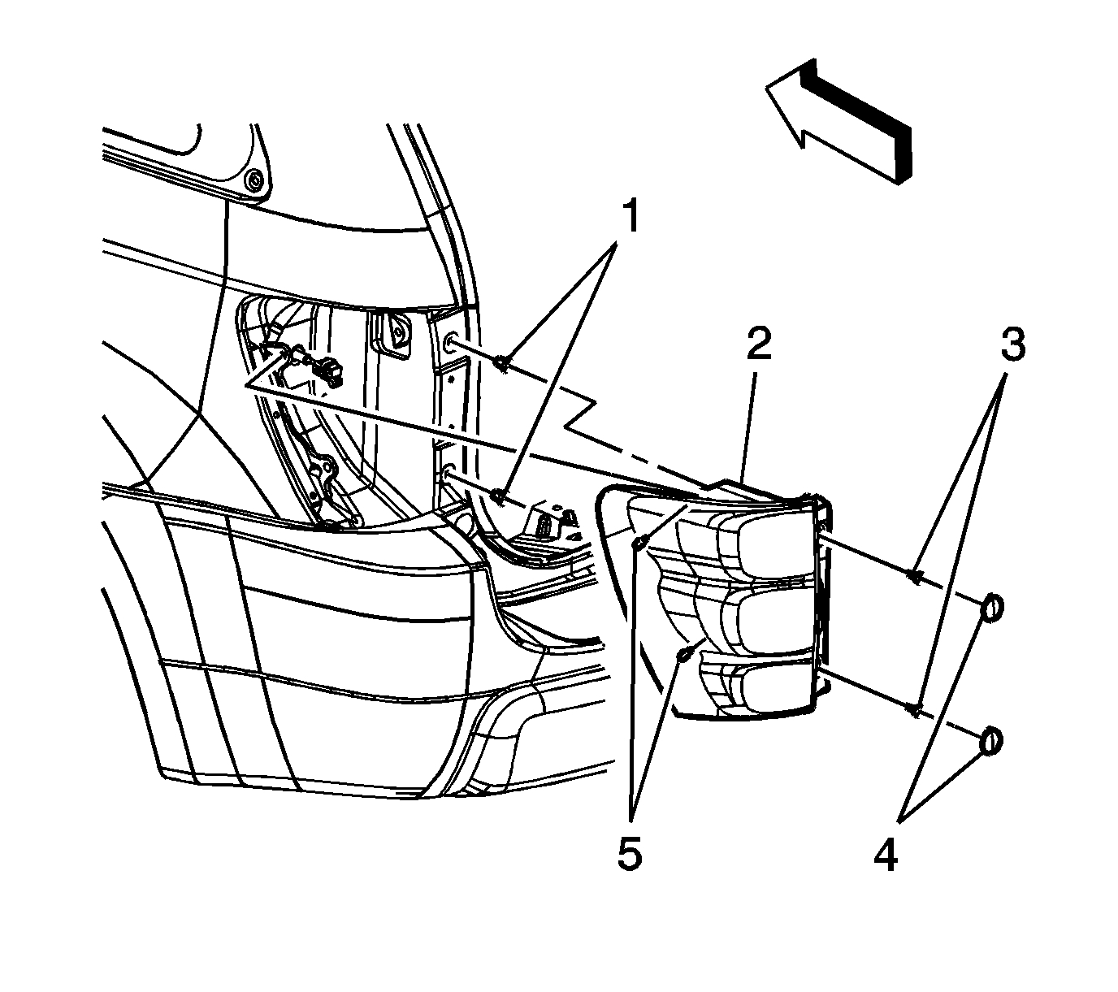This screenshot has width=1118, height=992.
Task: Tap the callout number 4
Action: pyautogui.click(x=886, y=856)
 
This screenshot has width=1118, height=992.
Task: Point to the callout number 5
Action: pyautogui.click(x=630, y=856)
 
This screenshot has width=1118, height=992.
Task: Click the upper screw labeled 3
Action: pyautogui.click(x=915, y=576)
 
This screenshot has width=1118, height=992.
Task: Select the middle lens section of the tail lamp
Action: pyautogui.click(x=772, y=615)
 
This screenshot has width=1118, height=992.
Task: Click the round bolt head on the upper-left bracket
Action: pyautogui.click(x=254, y=181)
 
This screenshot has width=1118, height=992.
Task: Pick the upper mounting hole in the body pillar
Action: pyautogui.click(x=452, y=342)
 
